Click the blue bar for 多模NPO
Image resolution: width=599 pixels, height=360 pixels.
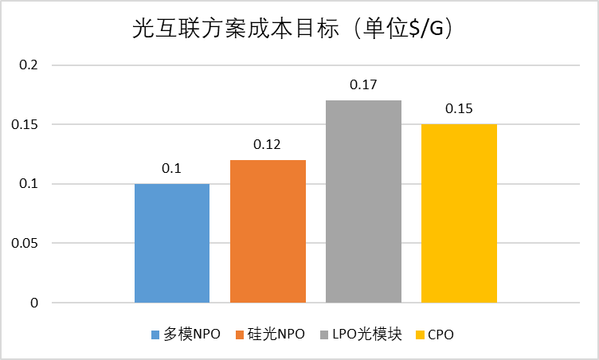click(172, 243)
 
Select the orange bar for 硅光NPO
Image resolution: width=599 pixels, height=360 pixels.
click(268, 231)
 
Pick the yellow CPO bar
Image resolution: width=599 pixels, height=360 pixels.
click(459, 213)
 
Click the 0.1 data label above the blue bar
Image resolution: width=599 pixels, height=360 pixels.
click(172, 169)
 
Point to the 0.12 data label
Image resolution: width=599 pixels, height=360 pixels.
click(268, 145)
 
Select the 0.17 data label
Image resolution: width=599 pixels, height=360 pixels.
click(363, 85)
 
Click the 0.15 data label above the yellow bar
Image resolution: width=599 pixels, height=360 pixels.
click(459, 109)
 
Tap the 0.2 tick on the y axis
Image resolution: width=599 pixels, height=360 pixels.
click(28, 65)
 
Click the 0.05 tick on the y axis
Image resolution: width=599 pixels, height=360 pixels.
click(24, 244)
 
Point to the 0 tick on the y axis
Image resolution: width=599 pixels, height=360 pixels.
click(34, 303)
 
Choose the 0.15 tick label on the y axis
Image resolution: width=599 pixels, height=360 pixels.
click(24, 125)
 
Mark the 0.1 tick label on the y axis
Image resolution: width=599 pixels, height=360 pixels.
click(28, 184)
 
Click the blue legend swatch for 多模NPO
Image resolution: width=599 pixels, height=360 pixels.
click(155, 335)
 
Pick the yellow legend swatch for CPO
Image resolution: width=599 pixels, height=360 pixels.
click(420, 335)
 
